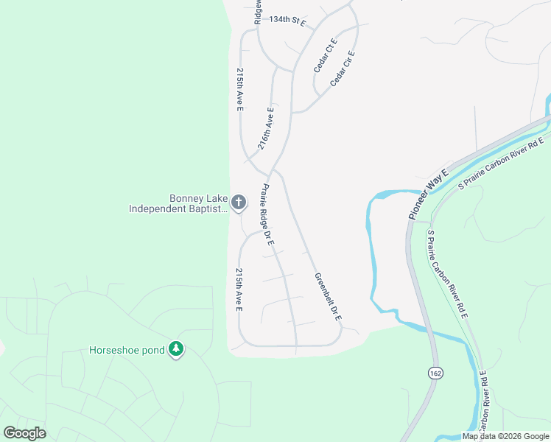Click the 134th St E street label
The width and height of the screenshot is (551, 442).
(x=287, y=21)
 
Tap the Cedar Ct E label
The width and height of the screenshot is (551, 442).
(x=325, y=55)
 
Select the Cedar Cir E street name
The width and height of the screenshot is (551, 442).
(x=343, y=69)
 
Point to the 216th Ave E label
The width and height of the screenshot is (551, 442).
(x=266, y=129)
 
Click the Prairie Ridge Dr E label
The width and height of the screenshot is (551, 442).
(x=266, y=214)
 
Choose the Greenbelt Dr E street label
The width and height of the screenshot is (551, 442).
(x=329, y=298)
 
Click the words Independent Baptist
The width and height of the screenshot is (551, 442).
(x=178, y=209)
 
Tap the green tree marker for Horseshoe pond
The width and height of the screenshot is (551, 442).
(x=175, y=348)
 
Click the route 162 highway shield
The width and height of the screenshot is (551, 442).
(x=435, y=374)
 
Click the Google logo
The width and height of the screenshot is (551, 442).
(x=24, y=432)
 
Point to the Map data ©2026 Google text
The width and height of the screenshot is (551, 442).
(x=505, y=436)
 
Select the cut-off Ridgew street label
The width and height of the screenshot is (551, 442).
(x=258, y=11)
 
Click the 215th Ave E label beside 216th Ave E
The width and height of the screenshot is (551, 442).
(x=239, y=90)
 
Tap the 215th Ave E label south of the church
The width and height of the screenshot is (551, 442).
(x=239, y=290)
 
